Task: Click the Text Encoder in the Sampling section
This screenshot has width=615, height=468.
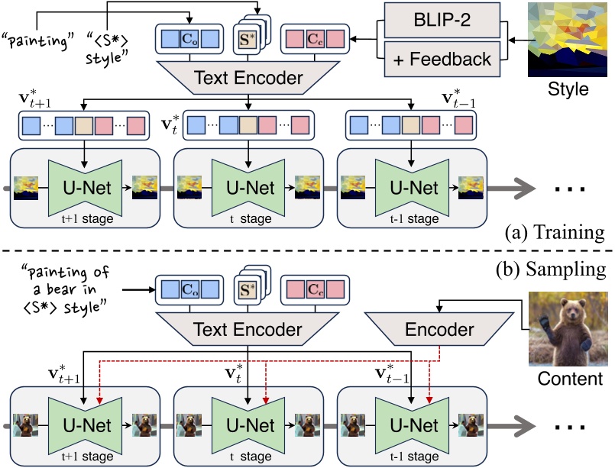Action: pos(249,328)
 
